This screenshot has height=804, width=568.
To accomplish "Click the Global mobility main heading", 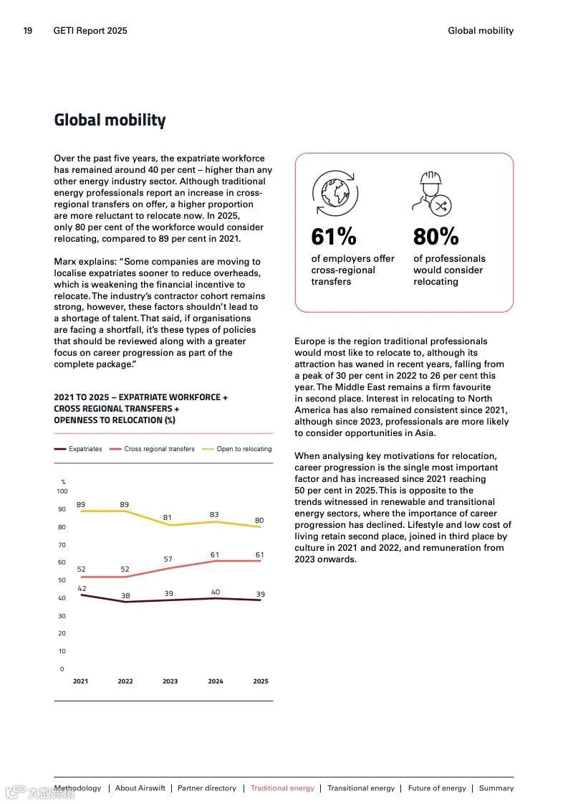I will (x=110, y=120).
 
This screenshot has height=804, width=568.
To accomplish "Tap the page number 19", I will (x=28, y=31).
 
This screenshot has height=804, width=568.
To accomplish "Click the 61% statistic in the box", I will (x=333, y=237).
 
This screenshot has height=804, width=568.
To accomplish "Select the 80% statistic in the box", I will (x=435, y=237).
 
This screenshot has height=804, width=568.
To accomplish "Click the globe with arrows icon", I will (x=334, y=193).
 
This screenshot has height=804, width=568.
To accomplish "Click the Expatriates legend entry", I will (x=79, y=449).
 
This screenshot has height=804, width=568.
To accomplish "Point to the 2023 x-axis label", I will (x=170, y=681).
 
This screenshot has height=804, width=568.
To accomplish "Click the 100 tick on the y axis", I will (x=62, y=491).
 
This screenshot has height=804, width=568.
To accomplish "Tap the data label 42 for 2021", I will (x=82, y=588).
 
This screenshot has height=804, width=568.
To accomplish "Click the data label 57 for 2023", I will (x=168, y=559).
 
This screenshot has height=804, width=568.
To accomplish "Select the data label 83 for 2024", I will (x=215, y=514).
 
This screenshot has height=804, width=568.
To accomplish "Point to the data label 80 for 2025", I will (x=259, y=520).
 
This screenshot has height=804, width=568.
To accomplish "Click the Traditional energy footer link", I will (x=282, y=788).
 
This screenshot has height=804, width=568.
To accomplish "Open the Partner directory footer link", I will (x=207, y=788).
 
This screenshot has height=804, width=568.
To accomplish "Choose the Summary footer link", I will (x=496, y=788).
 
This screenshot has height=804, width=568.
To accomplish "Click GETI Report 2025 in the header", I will (x=90, y=31).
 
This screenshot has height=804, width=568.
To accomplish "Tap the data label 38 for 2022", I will (x=125, y=595).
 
